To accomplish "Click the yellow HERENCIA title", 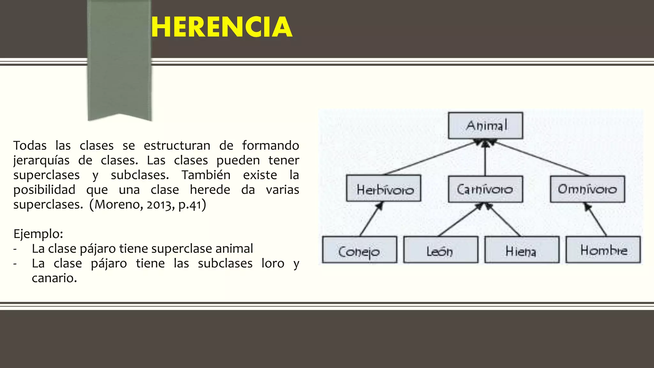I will click(221, 28).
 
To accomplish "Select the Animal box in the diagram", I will click(485, 125).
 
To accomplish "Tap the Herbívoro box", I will click(384, 188).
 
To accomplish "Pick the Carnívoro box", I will click(485, 189).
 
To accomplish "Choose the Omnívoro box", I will click(587, 189).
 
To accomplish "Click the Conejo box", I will click(360, 250).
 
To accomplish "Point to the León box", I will click(441, 250).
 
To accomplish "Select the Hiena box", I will click(522, 250).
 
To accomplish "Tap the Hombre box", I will click(603, 250).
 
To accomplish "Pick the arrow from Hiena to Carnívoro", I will click(504, 220).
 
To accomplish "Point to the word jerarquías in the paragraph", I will click(41, 160).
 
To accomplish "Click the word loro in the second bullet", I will click(273, 264).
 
